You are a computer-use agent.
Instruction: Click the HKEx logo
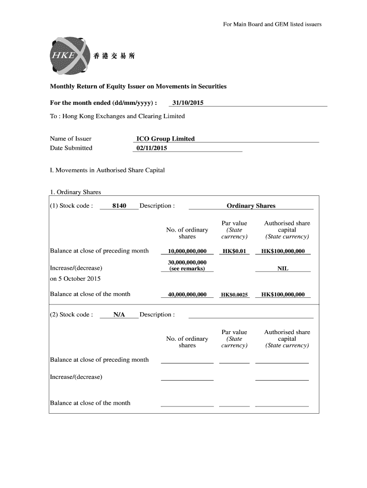tap(68, 55)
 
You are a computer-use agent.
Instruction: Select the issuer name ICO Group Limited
tap(165, 139)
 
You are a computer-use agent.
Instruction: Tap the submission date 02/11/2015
tap(152, 148)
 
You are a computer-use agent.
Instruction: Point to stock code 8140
tap(119, 206)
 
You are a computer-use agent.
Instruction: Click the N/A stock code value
tap(119, 315)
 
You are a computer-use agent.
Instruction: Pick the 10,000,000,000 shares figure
tap(187, 251)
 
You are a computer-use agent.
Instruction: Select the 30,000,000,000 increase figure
tap(187, 262)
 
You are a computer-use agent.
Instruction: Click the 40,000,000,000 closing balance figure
tap(187, 295)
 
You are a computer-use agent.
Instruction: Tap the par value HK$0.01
tap(234, 251)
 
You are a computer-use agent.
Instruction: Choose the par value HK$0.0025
tap(234, 295)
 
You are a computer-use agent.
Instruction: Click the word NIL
tap(283, 269)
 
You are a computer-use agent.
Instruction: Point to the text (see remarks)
tap(187, 269)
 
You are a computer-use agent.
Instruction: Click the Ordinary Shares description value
tap(251, 206)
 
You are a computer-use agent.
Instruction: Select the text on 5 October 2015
tap(75, 278)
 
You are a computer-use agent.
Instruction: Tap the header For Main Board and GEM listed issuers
tap(272, 24)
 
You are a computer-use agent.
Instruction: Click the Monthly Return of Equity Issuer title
tap(138, 86)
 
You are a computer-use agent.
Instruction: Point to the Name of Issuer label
tap(71, 139)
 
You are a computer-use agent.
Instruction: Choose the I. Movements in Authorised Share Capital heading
tap(107, 170)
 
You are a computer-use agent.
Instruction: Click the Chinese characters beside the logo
tap(114, 56)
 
